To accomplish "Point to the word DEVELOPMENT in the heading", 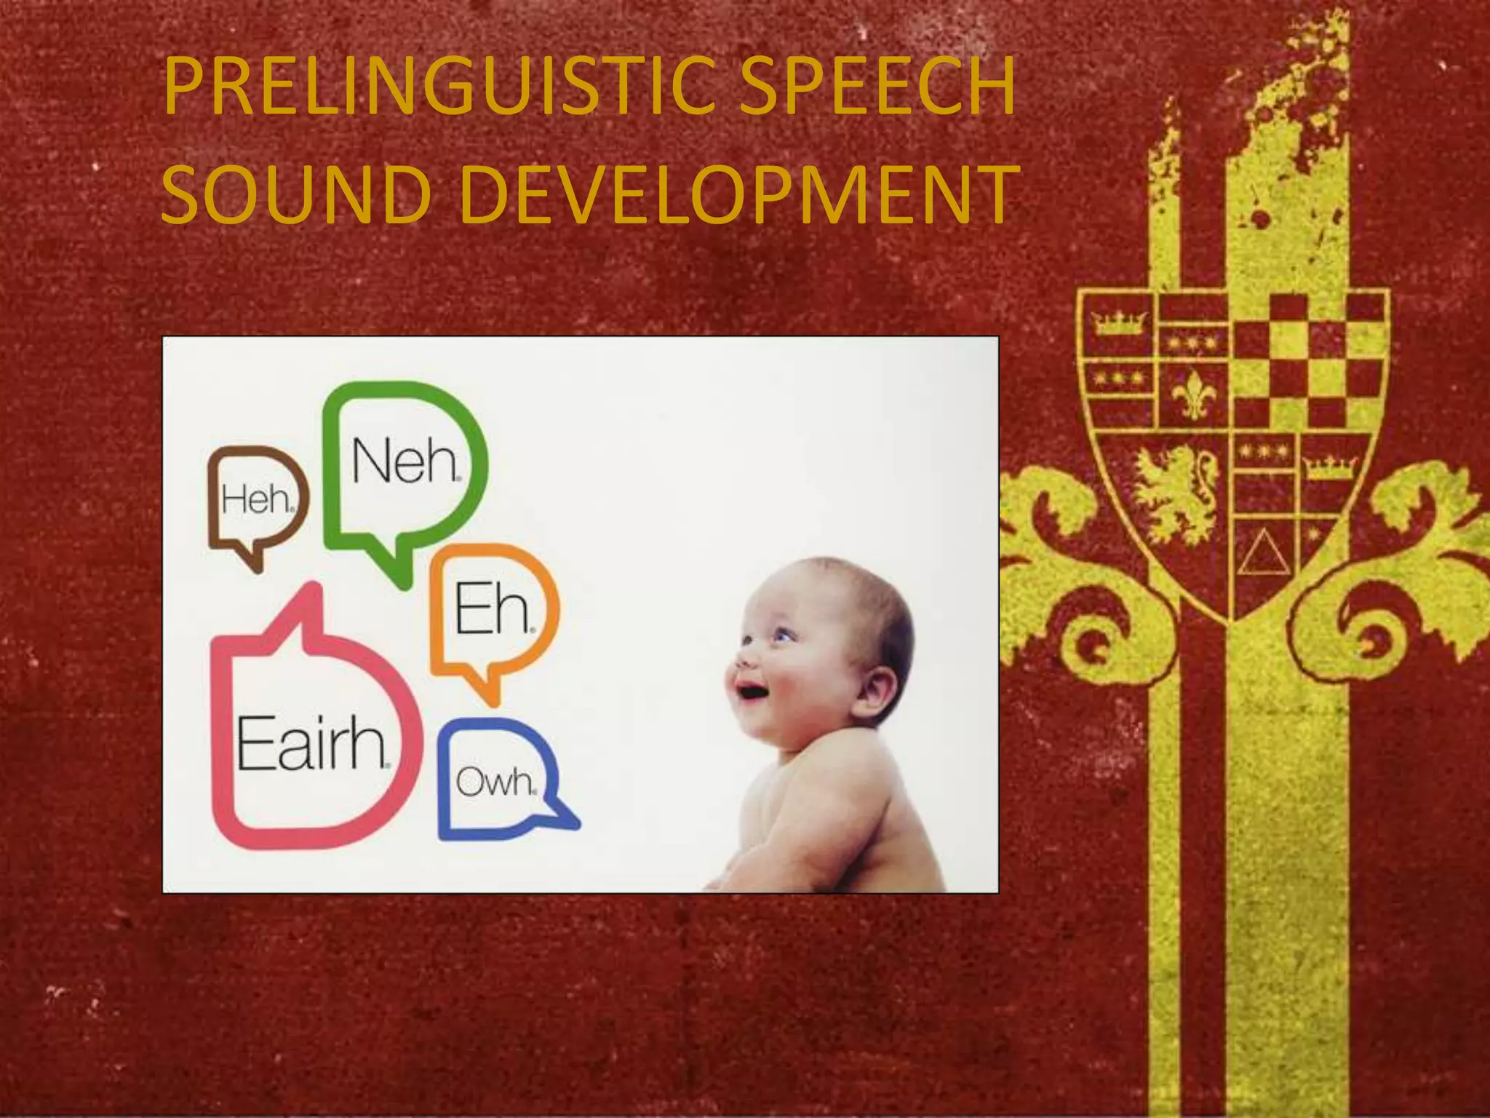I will click(x=736, y=195).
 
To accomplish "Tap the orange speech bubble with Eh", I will click(x=493, y=610).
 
